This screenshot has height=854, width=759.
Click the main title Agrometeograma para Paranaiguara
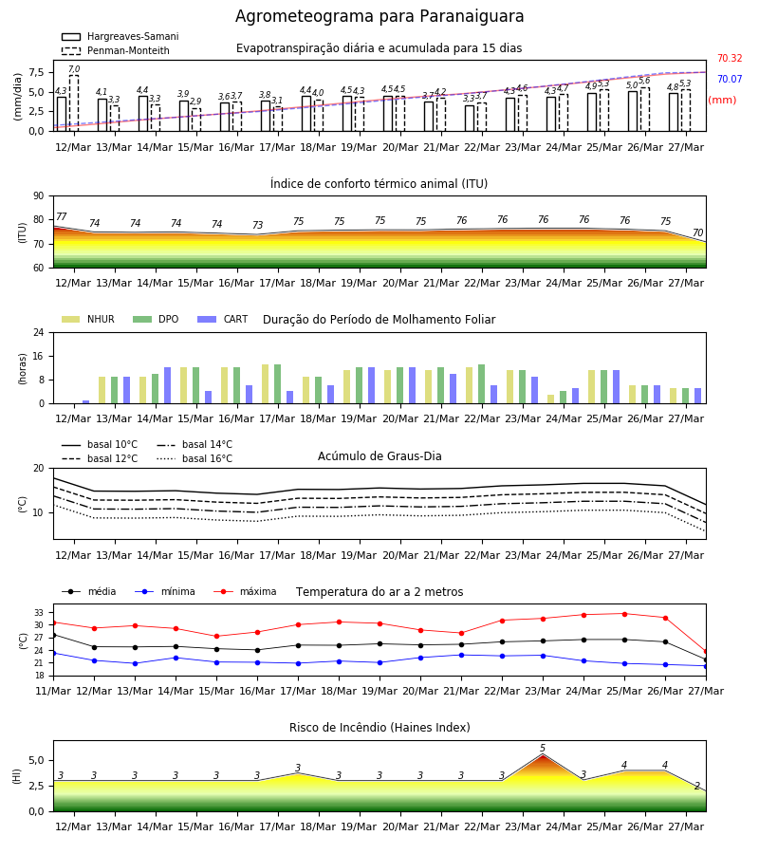tap(379, 16)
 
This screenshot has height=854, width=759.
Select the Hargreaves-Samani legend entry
tap(120, 36)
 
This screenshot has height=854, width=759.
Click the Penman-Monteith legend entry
tap(116, 50)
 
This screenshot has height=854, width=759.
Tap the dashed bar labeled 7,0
tap(74, 102)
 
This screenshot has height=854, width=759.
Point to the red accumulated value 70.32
tap(730, 58)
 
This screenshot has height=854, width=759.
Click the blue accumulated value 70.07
tap(730, 80)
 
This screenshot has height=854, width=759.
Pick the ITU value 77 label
tap(61, 216)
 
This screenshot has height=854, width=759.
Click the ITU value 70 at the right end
tap(697, 232)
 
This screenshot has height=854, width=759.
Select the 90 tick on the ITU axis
tap(39, 196)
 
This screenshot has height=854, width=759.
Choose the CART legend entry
tap(223, 319)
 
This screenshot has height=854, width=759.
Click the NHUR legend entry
tap(88, 319)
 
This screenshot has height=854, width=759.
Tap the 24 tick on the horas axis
tap(39, 332)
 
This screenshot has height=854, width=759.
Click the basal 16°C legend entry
tap(194, 458)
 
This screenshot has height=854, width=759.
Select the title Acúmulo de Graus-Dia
tap(379, 456)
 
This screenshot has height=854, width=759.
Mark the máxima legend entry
tap(245, 591)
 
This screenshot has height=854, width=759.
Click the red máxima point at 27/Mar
tap(706, 651)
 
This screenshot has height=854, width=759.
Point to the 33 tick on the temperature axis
tap(39, 613)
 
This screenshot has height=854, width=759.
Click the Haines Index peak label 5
tap(543, 749)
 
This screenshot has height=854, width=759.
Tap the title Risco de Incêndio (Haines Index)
tap(379, 728)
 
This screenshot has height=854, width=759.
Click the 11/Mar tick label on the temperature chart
tap(53, 691)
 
